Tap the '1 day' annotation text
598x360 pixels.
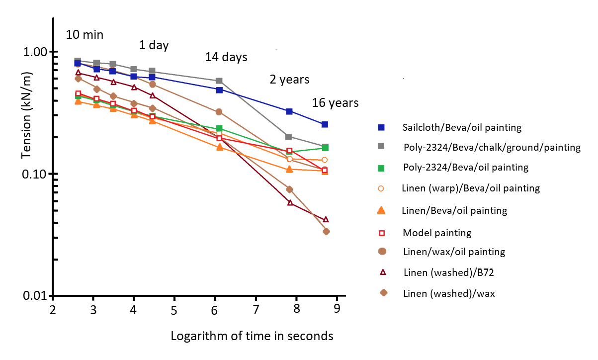tap(154, 45)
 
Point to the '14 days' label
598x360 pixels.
tap(226, 57)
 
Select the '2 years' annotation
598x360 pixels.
tap(289, 80)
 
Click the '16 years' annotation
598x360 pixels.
tap(335, 103)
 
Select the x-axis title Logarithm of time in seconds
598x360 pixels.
tap(252, 336)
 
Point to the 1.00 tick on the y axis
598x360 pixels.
tap(35, 52)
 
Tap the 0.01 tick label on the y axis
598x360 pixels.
tap(35, 296)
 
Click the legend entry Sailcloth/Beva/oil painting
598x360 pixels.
tap(462, 127)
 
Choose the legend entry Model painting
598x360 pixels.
tap(437, 232)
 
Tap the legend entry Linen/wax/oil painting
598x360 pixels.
tap(454, 252)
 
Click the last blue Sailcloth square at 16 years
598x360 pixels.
tap(325, 124)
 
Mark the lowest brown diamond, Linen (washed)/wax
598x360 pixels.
tap(326, 231)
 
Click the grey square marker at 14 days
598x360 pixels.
tap(219, 81)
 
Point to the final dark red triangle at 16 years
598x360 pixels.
tap(326, 219)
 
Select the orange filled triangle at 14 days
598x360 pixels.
tap(219, 147)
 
